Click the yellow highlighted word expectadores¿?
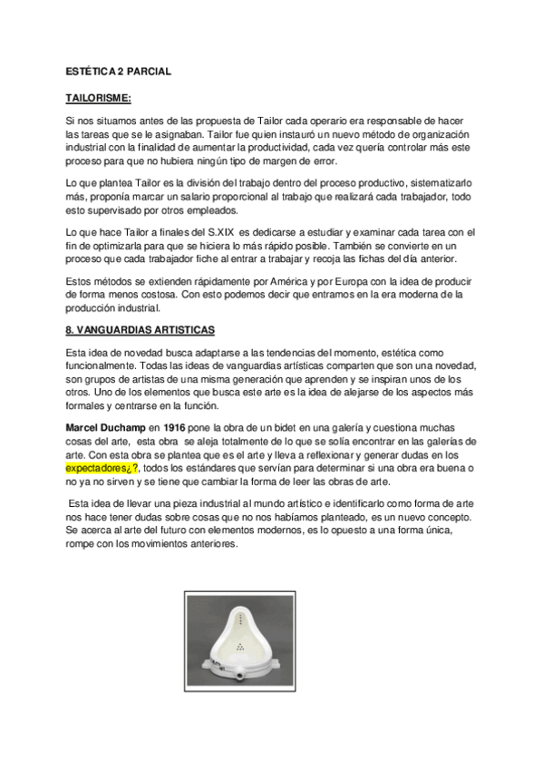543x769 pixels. [x=102, y=469]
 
